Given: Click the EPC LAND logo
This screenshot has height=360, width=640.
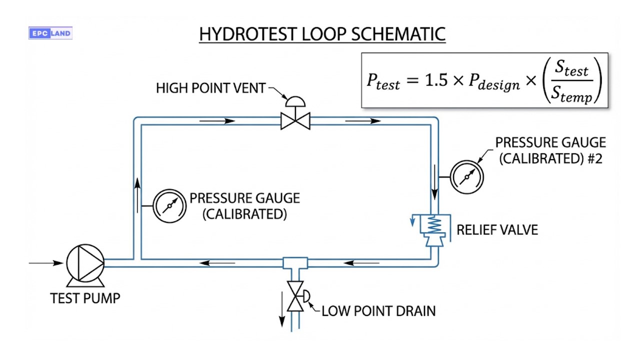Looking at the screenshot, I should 50,33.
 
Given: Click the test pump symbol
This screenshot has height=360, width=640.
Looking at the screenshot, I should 85,262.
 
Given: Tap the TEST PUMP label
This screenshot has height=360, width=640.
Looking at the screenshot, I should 85,298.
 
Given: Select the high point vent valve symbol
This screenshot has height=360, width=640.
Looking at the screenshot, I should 295,120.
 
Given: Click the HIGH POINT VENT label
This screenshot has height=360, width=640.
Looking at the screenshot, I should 210,88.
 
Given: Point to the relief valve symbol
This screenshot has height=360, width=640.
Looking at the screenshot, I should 434,229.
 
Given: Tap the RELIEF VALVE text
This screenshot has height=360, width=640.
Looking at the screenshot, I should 497,230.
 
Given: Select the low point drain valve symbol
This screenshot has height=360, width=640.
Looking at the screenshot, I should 295,296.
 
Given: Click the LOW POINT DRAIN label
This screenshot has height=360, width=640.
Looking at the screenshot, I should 378,311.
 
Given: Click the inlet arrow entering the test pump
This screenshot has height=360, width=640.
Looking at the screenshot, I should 46,262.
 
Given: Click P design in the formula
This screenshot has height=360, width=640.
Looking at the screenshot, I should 494,82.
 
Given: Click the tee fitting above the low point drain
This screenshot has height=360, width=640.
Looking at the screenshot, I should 295,263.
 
